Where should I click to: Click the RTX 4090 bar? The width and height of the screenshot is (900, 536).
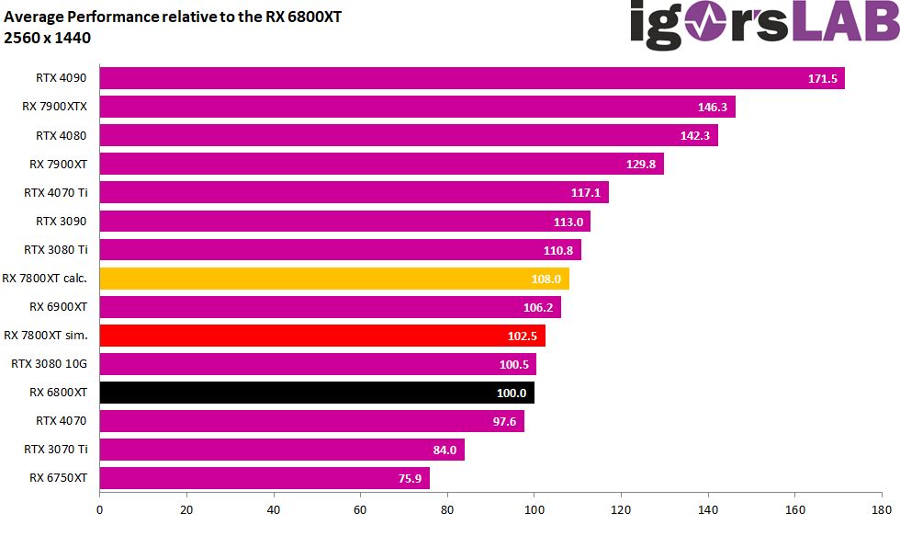coord(471,78)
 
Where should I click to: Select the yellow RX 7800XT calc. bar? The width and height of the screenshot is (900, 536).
coord(334,279)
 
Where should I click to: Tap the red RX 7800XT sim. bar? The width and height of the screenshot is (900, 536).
coord(322,336)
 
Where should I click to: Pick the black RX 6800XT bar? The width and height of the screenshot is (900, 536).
coord(317,393)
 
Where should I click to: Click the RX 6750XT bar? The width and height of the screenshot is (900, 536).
coord(264,478)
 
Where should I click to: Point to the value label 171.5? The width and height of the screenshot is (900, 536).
coord(822,79)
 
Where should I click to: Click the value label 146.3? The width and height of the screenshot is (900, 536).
coord(713,108)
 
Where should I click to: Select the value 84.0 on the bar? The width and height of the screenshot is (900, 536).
coord(444,450)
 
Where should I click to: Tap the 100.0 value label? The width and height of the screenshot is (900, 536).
coord(512,393)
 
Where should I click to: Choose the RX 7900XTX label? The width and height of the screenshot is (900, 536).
coord(54,107)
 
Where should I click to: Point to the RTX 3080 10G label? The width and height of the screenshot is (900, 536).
coord(49,364)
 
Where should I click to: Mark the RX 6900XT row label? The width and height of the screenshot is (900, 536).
coord(58,306)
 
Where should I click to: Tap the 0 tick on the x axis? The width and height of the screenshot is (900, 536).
coord(99,508)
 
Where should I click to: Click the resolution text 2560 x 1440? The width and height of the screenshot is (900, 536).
coord(47,37)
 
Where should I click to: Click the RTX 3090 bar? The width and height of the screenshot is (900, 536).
coord(344,222)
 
